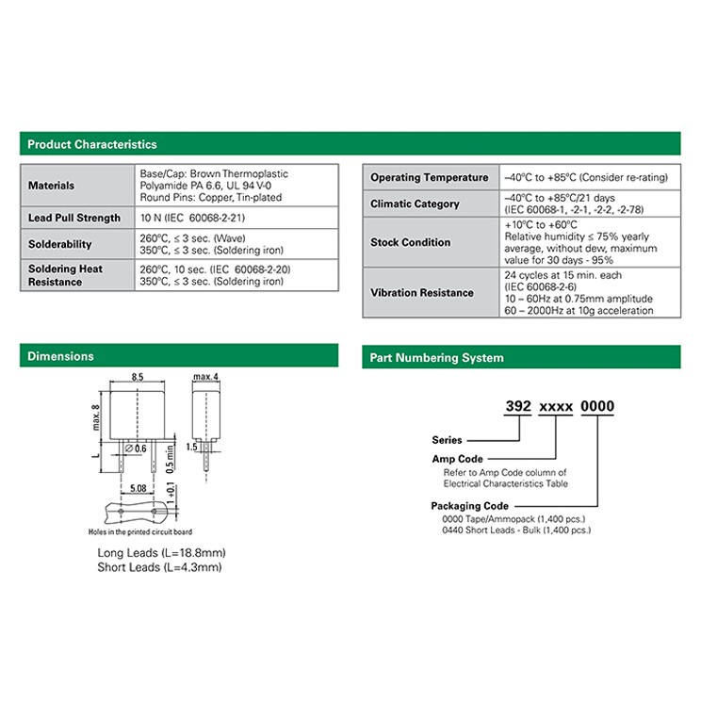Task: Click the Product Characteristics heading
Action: click(92, 144)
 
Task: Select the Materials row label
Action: click(52, 186)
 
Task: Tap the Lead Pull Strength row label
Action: click(74, 218)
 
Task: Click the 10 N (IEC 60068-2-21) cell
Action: click(193, 218)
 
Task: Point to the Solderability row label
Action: click(60, 244)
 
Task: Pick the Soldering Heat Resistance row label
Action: click(65, 275)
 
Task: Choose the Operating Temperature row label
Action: click(430, 177)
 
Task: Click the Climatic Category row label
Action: click(415, 204)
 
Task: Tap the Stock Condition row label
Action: click(411, 242)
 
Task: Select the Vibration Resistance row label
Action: click(422, 293)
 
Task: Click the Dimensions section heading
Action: click(61, 356)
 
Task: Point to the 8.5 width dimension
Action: click(138, 377)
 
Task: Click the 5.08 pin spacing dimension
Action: click(139, 488)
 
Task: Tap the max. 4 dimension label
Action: click(205, 377)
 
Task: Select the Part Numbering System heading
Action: click(437, 358)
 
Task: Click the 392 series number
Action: click(518, 406)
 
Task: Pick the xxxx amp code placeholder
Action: click(556, 407)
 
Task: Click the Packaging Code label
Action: click(470, 506)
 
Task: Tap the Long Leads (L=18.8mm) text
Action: click(161, 553)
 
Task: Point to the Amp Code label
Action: click(457, 459)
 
